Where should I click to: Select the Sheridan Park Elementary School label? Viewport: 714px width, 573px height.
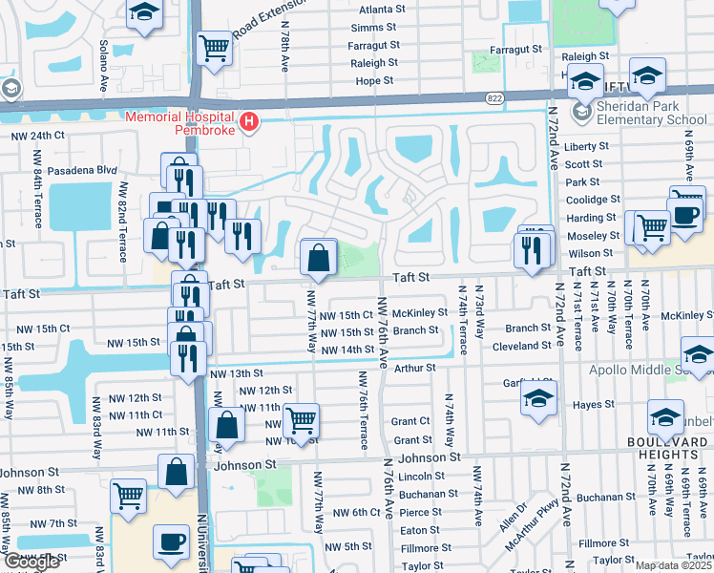tap(652, 113)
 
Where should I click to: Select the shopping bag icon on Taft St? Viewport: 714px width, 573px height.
tap(317, 257)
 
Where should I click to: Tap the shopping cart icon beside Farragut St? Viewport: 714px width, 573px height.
tap(215, 49)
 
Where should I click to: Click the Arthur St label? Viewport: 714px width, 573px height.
tap(414, 367)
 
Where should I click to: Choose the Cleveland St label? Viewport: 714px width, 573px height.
tap(522, 347)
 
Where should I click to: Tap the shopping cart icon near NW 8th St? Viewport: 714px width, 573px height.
tap(128, 496)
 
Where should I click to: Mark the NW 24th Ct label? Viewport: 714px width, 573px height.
tap(37, 136)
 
